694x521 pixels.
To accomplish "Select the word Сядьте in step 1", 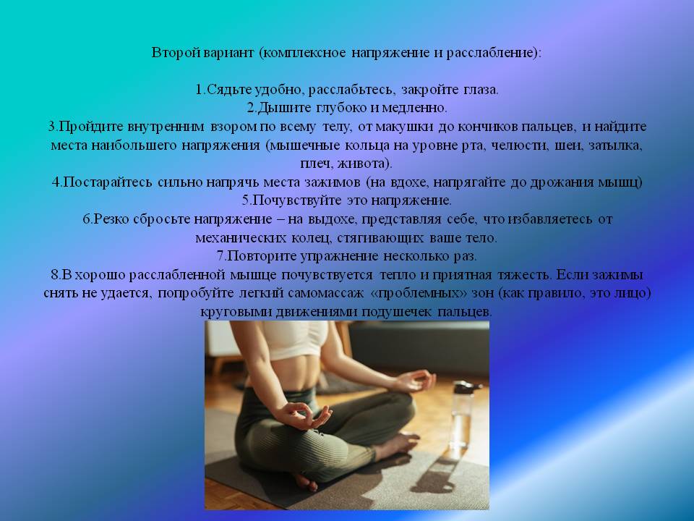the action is coord(230,90).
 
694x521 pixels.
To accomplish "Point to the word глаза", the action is coord(481,90).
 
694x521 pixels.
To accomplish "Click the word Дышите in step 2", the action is coord(284,108).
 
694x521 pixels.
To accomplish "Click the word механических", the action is coord(241,238).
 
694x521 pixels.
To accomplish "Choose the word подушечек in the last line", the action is coord(396,311).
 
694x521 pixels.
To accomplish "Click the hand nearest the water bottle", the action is coord(415,380).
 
